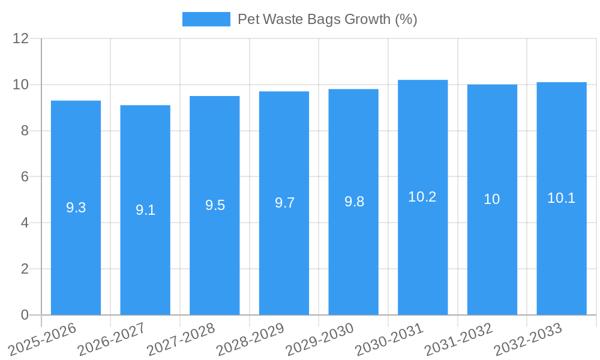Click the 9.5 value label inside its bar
[x=215, y=205]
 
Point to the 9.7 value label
[x=284, y=203]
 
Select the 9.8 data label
[x=354, y=202]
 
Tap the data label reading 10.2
[x=422, y=197]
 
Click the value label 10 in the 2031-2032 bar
[x=492, y=199]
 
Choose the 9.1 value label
[x=145, y=210]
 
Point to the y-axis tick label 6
[x=25, y=176]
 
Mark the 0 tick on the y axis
[x=25, y=315]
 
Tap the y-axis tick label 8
[x=25, y=131]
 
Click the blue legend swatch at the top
[x=206, y=19]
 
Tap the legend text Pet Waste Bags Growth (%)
[x=327, y=19]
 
